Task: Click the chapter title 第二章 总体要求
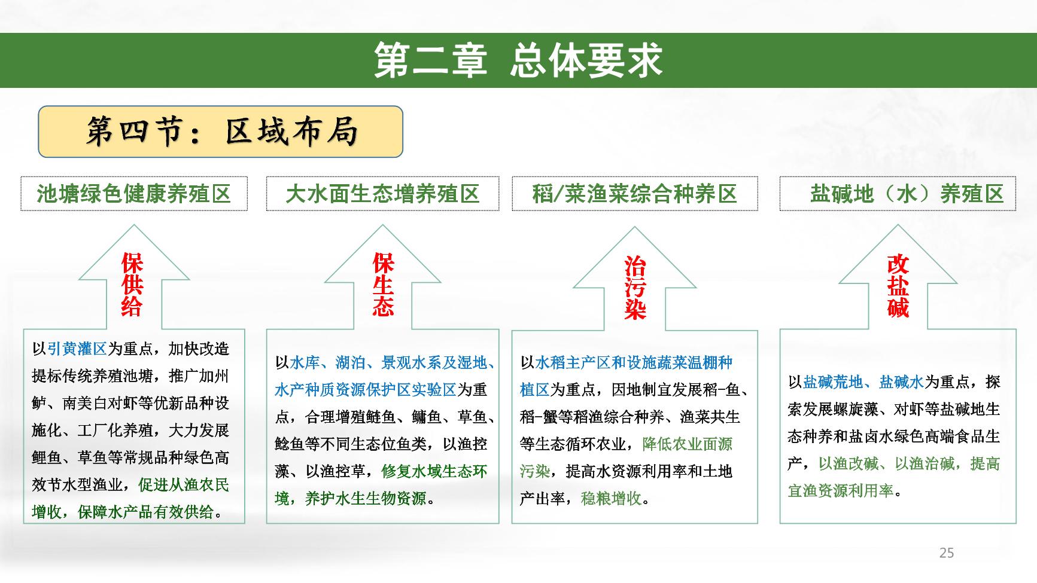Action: pyautogui.click(x=518, y=60)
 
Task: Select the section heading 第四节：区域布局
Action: pyautogui.click(x=221, y=132)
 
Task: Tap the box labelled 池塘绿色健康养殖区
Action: pyautogui.click(x=134, y=194)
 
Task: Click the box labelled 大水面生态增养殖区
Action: pyautogui.click(x=382, y=194)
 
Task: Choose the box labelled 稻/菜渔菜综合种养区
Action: pyautogui.click(x=634, y=194)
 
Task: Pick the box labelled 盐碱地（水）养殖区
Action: pyautogui.click(x=898, y=194)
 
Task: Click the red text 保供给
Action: pyautogui.click(x=132, y=285)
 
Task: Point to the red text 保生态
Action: pyautogui.click(x=383, y=285)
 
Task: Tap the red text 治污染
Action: pyautogui.click(x=634, y=288)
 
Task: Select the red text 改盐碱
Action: pyautogui.click(x=898, y=286)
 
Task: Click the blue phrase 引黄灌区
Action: pyautogui.click(x=77, y=349)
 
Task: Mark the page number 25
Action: pyautogui.click(x=947, y=553)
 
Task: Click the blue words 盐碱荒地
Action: pyautogui.click(x=833, y=382)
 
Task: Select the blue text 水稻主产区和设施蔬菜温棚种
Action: pyautogui.click(x=634, y=362)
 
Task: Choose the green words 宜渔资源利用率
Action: pyautogui.click(x=840, y=491)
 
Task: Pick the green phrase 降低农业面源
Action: pyautogui.click(x=687, y=444)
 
